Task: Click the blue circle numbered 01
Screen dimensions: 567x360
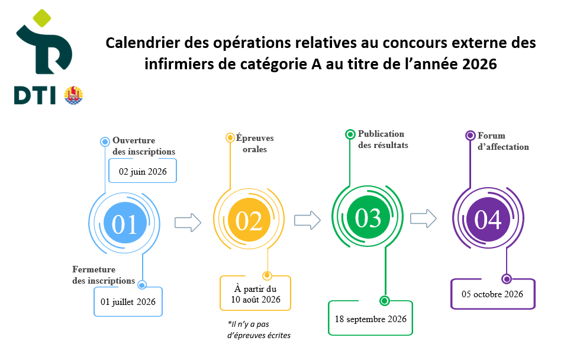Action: [x=125, y=223]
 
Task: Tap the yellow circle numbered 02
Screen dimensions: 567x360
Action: [x=249, y=220]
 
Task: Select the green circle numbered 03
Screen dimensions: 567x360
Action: [x=368, y=217]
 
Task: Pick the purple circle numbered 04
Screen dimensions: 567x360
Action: [x=488, y=219]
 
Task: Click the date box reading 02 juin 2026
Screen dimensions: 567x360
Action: [x=143, y=171]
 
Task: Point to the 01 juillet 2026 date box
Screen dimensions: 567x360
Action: [x=128, y=302]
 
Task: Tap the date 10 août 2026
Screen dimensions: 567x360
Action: [x=256, y=300]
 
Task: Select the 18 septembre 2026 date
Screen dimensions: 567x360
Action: [x=371, y=319]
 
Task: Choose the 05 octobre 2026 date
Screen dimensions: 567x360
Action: [x=492, y=294]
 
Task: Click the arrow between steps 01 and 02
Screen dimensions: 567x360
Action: [x=188, y=223]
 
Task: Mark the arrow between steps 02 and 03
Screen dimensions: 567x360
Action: [x=307, y=220]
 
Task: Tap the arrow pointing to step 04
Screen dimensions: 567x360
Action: [x=423, y=218]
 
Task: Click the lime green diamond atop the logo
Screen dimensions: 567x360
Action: [x=42, y=18]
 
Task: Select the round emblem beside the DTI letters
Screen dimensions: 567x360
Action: [x=73, y=95]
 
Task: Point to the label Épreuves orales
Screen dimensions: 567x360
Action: [x=255, y=143]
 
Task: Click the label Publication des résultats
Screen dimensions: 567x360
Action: [x=383, y=139]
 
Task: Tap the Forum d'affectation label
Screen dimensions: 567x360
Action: [x=503, y=141]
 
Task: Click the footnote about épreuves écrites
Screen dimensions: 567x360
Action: [x=259, y=330]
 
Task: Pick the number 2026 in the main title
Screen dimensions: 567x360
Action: [x=479, y=64]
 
